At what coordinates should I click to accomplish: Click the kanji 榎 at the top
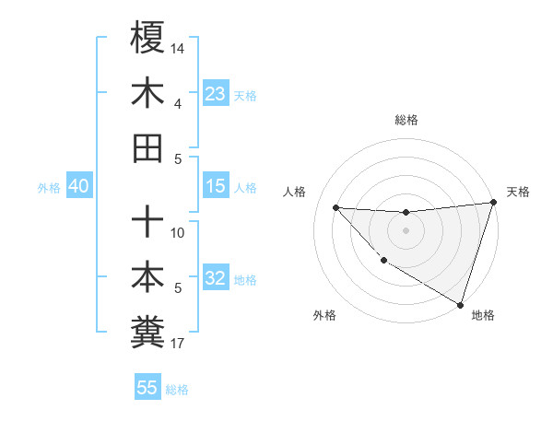[x=147, y=39]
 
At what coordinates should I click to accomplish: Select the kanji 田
[x=147, y=146]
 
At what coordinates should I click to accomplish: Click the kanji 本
[x=147, y=275]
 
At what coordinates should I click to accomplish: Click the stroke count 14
[x=179, y=47]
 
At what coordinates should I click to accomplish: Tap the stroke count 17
[x=178, y=345]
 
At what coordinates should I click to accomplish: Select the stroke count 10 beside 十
[x=178, y=232]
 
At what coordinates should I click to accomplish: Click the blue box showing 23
[x=215, y=94]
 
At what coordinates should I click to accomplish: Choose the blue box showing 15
[x=215, y=187]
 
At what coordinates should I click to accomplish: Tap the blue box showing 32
[x=215, y=279]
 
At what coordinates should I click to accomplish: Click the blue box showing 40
[x=78, y=187]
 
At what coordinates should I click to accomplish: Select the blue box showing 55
[x=147, y=388]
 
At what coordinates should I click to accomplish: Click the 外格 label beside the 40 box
[x=49, y=188]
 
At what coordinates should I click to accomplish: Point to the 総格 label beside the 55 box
[x=177, y=389]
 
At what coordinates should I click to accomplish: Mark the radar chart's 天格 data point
[x=493, y=204]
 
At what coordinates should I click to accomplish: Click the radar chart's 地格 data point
[x=460, y=304]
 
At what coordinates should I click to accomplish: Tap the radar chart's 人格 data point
[x=335, y=207]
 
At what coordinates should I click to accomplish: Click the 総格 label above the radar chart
[x=406, y=120]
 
